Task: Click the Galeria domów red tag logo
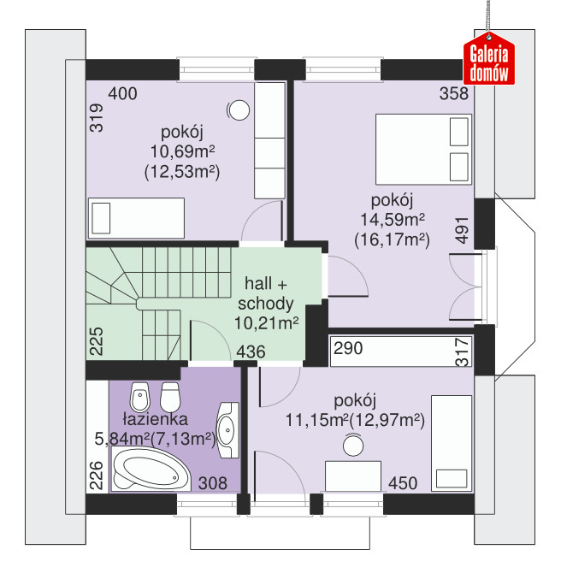click(489, 59)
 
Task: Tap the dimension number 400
click(122, 94)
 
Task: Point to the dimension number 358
click(454, 94)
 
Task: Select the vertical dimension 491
click(462, 230)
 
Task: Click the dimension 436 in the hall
click(251, 352)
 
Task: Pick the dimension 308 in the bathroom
click(213, 483)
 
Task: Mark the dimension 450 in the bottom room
click(403, 483)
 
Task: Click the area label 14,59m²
click(393, 220)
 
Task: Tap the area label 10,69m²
click(182, 151)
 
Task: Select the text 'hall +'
click(266, 284)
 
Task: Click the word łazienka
click(155, 419)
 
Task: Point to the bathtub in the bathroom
click(151, 470)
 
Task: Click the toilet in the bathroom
click(170, 397)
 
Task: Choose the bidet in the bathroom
click(140, 397)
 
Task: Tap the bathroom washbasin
click(227, 430)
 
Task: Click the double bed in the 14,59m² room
click(423, 149)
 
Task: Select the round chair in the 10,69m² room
click(239, 110)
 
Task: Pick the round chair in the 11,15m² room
click(353, 445)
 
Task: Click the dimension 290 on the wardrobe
click(348, 348)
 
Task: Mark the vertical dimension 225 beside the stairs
click(97, 341)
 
